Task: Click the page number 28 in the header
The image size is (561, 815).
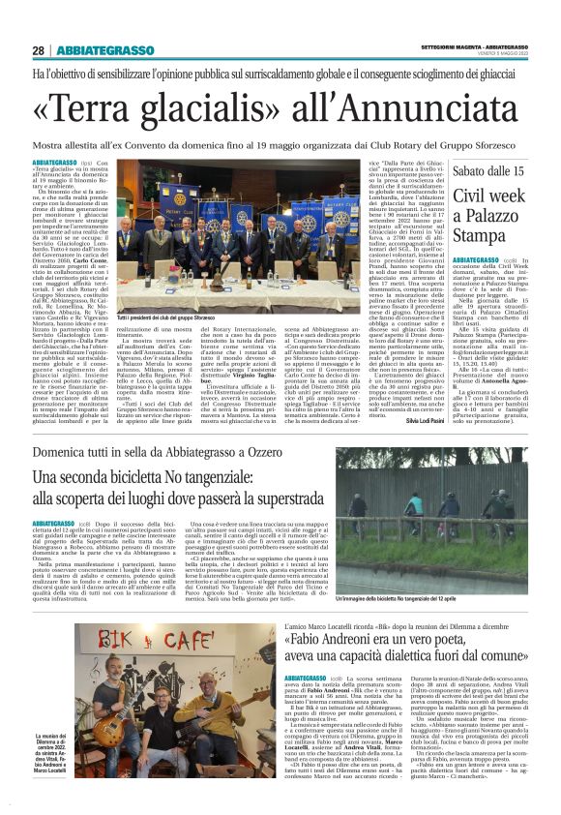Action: click(39, 50)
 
